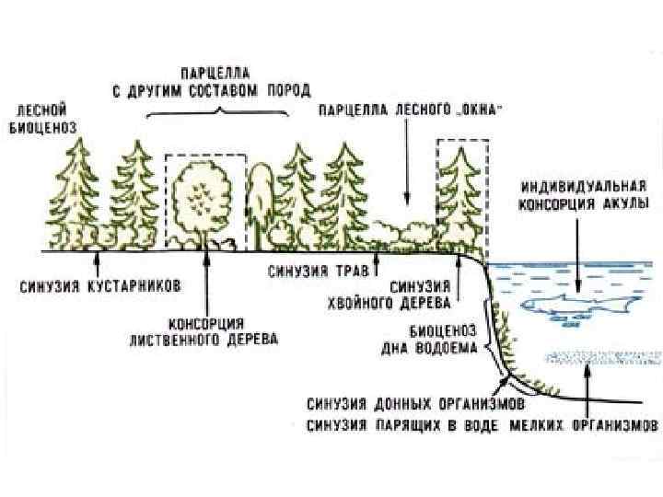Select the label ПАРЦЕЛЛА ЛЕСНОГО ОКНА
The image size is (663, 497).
(410, 110)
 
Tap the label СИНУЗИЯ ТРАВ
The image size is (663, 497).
(319, 272)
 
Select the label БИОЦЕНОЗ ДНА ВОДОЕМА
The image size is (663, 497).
(429, 340)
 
